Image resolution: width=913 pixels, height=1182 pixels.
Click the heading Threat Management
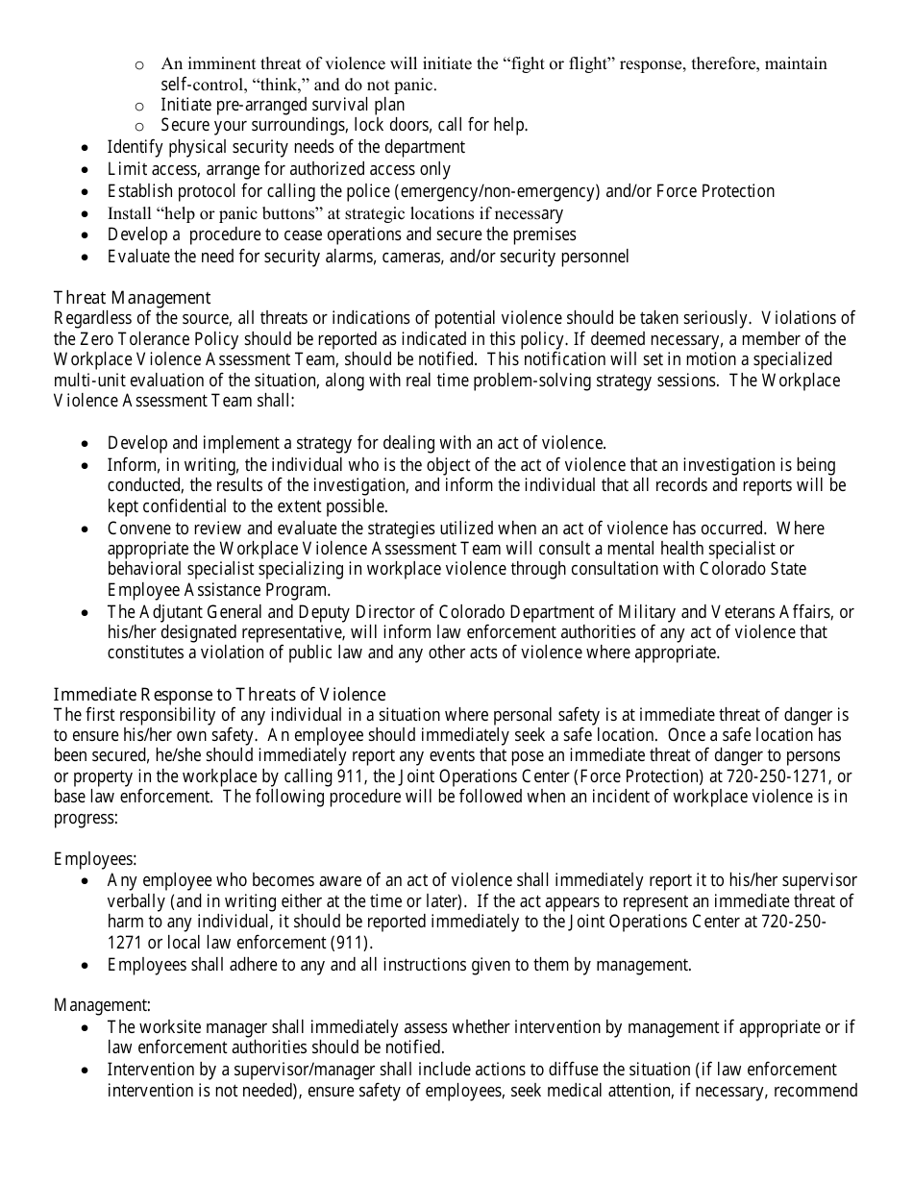pyautogui.click(x=132, y=298)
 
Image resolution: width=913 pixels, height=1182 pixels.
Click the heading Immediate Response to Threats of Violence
pyautogui.click(x=219, y=694)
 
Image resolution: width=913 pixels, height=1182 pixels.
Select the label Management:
pyautogui.click(x=102, y=1006)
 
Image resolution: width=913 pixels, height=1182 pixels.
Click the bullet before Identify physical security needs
pyautogui.click(x=87, y=148)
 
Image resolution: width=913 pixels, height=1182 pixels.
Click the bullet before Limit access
pyautogui.click(x=87, y=170)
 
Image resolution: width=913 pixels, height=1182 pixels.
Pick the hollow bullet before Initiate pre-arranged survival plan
pyautogui.click(x=139, y=106)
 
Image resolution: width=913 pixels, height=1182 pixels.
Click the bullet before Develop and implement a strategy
pyautogui.click(x=87, y=444)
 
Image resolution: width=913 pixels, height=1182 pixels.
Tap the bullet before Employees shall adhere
pyautogui.click(x=87, y=965)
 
